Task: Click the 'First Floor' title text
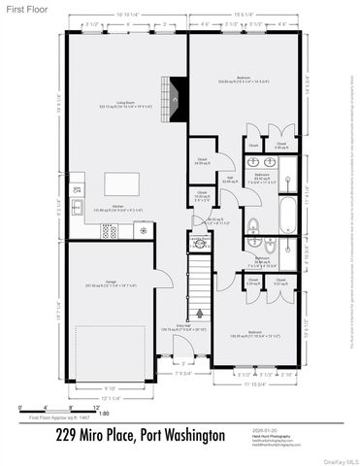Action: coord(23,8)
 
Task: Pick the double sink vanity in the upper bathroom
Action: coord(290,171)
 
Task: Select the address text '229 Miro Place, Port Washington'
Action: coord(140,435)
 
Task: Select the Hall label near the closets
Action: coord(229,177)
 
